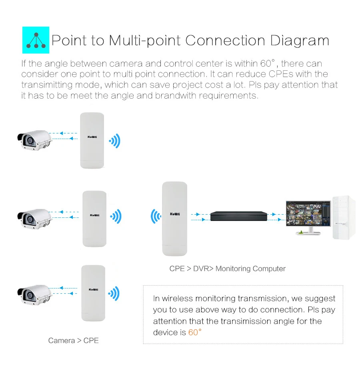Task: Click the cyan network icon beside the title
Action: point(36,40)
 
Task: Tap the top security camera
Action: point(35,140)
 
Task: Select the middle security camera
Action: point(35,219)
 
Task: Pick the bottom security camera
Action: point(35,295)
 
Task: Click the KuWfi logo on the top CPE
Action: point(92,137)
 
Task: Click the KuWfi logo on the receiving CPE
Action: point(175,214)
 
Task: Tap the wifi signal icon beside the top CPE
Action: point(114,141)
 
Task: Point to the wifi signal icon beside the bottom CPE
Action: point(114,294)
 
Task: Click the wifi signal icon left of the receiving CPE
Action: point(156,217)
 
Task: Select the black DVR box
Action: point(238,216)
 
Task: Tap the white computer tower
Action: point(344,217)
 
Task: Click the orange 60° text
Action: point(195,332)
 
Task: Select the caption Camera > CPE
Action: point(74,340)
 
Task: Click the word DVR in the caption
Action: point(201,269)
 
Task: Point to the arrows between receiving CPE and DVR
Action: point(200,217)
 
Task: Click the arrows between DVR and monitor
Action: point(276,217)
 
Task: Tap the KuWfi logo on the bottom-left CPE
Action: point(94,290)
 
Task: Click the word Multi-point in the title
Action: point(145,41)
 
